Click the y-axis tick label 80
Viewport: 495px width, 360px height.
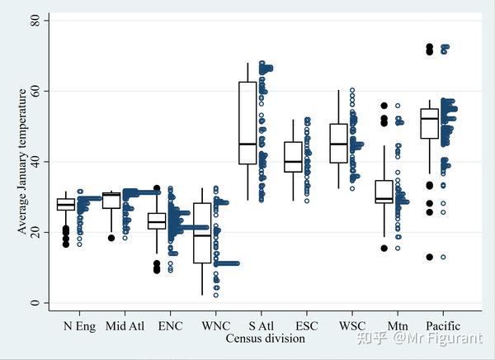point(36,19)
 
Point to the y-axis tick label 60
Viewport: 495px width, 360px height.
point(36,90)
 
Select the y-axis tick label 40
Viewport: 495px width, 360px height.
point(36,161)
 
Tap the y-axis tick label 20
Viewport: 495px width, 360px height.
point(36,232)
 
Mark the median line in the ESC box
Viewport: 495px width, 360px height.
point(293,162)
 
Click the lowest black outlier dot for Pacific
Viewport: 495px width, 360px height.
point(429,258)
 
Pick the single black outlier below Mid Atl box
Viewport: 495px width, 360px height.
point(111,238)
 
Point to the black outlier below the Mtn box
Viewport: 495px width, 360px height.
point(384,248)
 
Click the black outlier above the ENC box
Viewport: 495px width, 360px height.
point(157,188)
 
